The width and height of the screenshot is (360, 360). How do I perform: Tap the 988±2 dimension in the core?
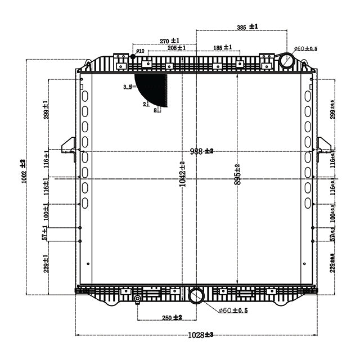[x=201, y=151]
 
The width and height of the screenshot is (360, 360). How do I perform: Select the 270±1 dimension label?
[x=169, y=41]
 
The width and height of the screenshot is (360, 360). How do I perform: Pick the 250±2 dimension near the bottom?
[x=172, y=318]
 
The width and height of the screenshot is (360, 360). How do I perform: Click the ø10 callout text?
[x=140, y=51]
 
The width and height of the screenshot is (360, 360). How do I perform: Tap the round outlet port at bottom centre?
[x=196, y=296]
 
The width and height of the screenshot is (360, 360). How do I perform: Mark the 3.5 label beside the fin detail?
[x=127, y=87]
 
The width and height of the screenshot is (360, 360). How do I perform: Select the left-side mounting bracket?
[x=69, y=148]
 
